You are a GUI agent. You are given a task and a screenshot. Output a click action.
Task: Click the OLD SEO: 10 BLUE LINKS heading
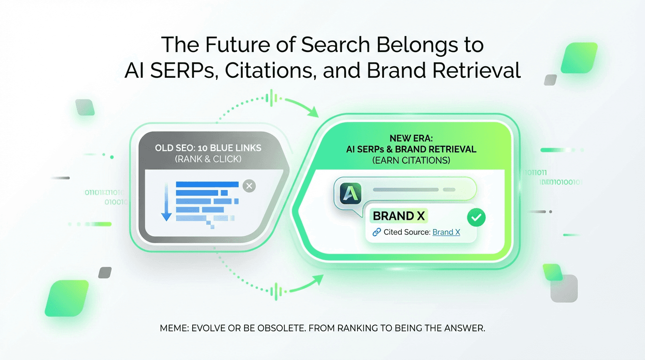point(208,148)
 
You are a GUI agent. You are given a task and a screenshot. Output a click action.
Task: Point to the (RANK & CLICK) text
point(208,159)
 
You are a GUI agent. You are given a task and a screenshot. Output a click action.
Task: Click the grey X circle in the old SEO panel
point(249,186)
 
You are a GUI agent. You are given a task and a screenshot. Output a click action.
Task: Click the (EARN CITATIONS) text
point(411,160)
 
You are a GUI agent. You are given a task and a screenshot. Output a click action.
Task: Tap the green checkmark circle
point(477,217)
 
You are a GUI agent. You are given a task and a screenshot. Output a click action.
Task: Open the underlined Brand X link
point(446,232)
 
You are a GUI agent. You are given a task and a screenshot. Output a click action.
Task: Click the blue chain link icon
point(376,232)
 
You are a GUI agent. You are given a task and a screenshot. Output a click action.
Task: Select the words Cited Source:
point(406,232)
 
